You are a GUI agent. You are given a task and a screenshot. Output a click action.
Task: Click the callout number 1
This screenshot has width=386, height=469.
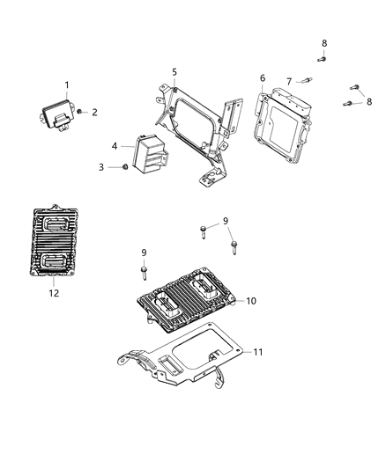tap(66, 85)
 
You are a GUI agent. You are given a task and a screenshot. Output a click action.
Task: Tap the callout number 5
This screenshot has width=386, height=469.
tap(174, 72)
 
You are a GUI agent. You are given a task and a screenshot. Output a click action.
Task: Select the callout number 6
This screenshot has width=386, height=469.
tap(262, 78)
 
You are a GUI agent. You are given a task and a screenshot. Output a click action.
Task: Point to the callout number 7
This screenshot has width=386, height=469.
tap(289, 81)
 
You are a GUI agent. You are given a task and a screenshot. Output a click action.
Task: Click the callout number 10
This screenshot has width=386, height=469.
tap(251, 301)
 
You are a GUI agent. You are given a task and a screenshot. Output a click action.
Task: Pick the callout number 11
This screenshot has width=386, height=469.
tap(258, 352)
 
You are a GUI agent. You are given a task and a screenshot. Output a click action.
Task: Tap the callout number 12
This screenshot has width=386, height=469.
tap(54, 292)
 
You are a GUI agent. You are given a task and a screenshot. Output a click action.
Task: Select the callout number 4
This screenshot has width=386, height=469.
tap(115, 145)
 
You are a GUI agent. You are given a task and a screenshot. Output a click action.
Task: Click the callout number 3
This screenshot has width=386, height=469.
tap(100, 166)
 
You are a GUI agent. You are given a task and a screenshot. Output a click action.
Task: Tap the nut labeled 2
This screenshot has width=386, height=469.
tap(80, 112)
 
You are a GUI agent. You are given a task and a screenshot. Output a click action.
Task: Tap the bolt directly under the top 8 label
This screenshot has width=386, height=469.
tap(322, 58)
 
